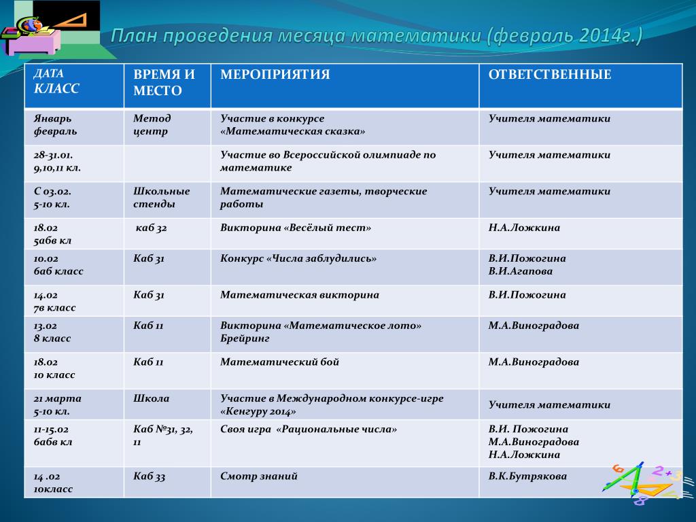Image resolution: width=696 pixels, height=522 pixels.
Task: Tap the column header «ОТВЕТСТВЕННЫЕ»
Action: [x=549, y=75]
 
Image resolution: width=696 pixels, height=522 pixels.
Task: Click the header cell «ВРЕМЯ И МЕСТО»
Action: [x=164, y=82]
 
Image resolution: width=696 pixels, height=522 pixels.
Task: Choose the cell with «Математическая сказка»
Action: [x=292, y=125]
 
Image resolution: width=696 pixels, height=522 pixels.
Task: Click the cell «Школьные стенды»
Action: [x=162, y=198]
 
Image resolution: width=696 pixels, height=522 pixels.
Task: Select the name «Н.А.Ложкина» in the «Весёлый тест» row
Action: [x=524, y=228]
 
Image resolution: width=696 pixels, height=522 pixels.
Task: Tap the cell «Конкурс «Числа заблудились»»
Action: [x=298, y=258]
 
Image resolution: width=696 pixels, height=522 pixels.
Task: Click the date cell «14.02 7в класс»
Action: [x=55, y=301]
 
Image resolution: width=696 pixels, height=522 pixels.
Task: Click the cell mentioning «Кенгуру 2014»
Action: [x=331, y=405]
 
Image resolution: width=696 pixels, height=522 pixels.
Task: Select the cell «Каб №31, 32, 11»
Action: [x=163, y=436]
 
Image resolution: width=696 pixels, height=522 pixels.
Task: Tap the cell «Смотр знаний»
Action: [x=258, y=476]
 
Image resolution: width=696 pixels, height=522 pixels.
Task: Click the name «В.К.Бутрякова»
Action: [x=527, y=476]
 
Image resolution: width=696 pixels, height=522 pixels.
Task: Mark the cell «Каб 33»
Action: [x=150, y=476]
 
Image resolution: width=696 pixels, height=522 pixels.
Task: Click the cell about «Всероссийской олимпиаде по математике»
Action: [x=328, y=161]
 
